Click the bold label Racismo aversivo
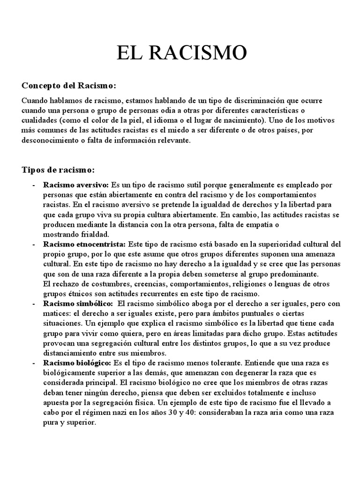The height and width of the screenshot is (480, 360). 76,185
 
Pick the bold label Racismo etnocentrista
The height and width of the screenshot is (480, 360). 84,244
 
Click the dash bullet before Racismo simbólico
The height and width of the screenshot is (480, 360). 34,304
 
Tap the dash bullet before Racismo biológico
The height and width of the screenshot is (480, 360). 34,363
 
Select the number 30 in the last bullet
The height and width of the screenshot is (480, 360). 178,412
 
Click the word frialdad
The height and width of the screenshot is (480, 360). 94,234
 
